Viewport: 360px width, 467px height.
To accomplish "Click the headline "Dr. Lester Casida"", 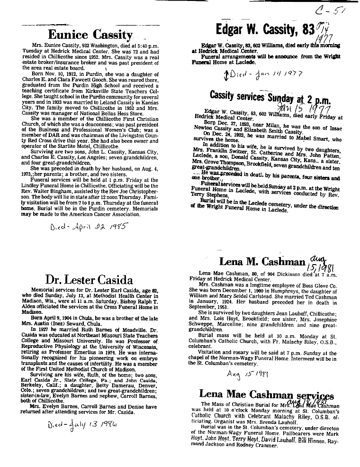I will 89,279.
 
